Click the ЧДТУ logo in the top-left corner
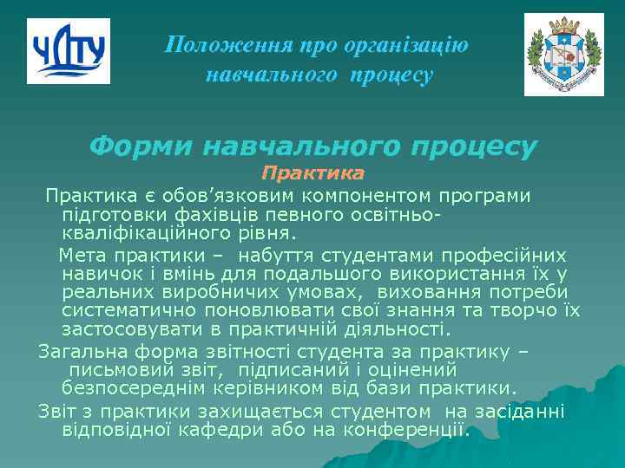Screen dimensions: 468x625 coord(69,51)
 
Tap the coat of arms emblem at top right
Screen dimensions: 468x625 coord(563,55)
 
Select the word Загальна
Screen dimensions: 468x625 coord(81,352)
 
